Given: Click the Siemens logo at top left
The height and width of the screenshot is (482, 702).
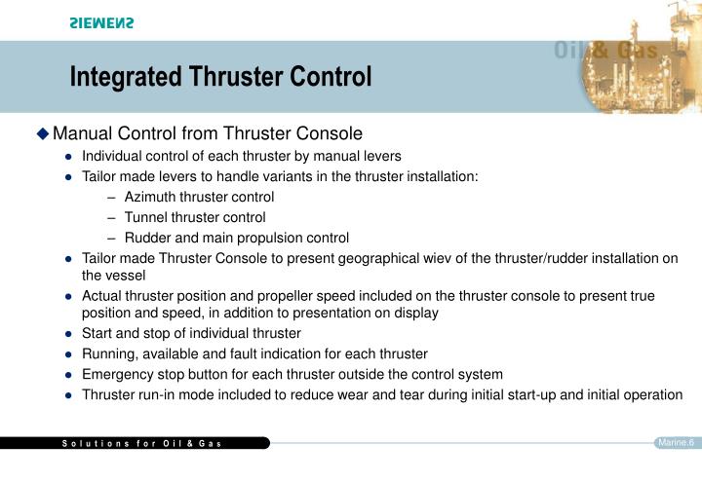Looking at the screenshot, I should pos(101,23).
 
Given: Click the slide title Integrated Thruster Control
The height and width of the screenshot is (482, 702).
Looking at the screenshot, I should pos(220,77).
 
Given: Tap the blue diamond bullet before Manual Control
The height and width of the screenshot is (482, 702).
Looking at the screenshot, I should pos(42,133).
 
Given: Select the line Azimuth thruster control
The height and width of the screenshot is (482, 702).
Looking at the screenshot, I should pos(199,197).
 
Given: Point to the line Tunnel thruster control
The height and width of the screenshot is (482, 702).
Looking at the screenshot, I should pos(195,217).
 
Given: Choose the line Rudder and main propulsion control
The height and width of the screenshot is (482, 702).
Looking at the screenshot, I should pos(236,238).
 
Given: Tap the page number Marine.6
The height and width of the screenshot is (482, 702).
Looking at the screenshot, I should pos(676,443).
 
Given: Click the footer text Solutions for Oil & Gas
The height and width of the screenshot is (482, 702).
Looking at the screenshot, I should pos(142,444).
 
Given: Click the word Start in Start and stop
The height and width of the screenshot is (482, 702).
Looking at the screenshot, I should pos(98,333).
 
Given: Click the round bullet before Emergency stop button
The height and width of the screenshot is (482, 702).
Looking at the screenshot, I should pos(69,375).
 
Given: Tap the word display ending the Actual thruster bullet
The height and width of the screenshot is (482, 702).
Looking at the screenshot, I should pos(414,313).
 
